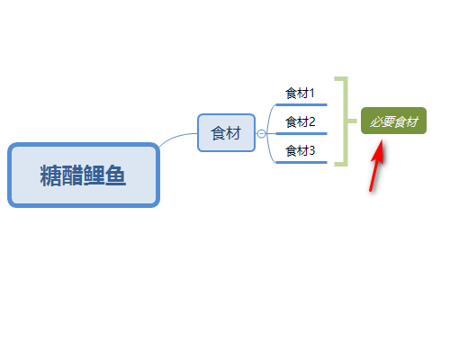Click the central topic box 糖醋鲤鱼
point(84,175)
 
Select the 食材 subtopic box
point(227,133)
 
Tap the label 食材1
point(300,93)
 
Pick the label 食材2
point(300,121)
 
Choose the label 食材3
point(300,150)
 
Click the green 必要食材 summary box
point(393,121)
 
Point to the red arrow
point(376,165)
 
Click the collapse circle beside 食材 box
point(261,133)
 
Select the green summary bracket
point(346,121)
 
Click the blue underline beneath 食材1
point(301,104)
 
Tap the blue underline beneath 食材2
point(301,133)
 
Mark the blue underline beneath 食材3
point(301,162)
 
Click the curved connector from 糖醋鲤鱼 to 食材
point(176,138)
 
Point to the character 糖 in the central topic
point(50,175)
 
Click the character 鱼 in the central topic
point(115,175)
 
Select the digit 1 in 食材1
point(311,94)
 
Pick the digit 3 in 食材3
point(312,151)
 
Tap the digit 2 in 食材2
point(312,122)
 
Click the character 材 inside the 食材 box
point(234,133)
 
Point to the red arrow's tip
point(382,139)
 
